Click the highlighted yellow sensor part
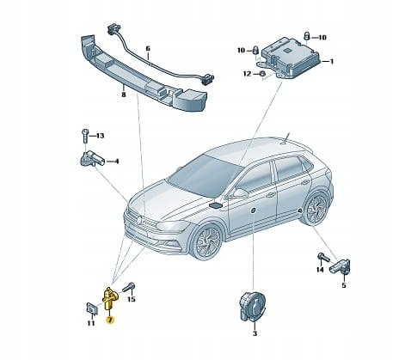pos(108,298)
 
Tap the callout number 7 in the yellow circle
pos(110,320)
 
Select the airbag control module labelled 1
pos(289,59)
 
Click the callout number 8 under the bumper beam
pos(124,94)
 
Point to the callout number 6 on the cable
pos(148,49)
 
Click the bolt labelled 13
pos(85,136)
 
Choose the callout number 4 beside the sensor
pos(116,162)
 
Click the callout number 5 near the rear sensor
pos(344,285)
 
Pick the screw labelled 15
pos(129,287)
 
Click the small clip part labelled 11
pos(91,308)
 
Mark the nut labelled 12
pos(261,74)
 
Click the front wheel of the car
pos(207,241)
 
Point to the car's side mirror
pos(238,193)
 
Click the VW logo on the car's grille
pos(139,220)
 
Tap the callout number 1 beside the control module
pos(332,61)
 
